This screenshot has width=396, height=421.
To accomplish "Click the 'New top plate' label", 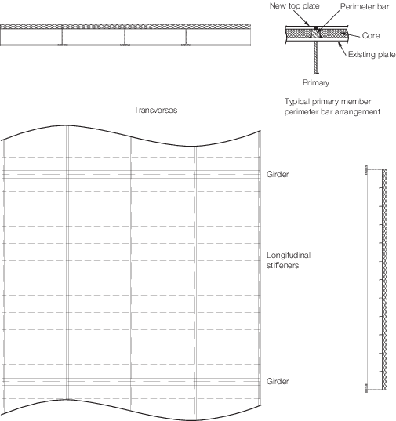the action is [x=295, y=6].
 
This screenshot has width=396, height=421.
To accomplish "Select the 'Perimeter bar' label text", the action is [x=365, y=6].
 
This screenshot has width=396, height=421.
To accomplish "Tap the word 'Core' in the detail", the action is [x=371, y=36].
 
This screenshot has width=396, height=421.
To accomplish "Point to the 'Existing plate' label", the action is [x=372, y=55].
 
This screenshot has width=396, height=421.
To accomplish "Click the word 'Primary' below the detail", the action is [x=316, y=82].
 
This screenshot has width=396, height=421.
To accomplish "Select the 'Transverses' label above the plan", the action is [x=156, y=110].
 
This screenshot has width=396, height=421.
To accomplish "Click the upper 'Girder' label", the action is [x=278, y=174].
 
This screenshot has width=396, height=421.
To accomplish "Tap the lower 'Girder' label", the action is [x=278, y=381].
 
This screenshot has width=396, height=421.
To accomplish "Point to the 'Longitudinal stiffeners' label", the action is [x=289, y=260].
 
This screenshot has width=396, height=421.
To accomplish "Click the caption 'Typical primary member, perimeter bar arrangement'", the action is [x=332, y=107].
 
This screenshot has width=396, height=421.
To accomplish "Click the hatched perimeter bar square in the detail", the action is [x=316, y=33].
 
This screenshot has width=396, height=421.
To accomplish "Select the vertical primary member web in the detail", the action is [x=316, y=57].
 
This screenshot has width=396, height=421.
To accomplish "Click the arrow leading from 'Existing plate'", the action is [x=343, y=49].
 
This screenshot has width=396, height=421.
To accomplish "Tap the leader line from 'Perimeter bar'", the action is [x=329, y=20].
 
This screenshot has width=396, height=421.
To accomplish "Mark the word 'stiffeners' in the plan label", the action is [x=283, y=266].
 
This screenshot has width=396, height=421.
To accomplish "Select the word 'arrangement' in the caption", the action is [x=359, y=112].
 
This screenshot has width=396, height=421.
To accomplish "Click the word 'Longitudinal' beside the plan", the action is [x=289, y=255].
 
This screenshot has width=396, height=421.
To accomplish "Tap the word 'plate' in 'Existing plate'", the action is [x=386, y=55].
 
